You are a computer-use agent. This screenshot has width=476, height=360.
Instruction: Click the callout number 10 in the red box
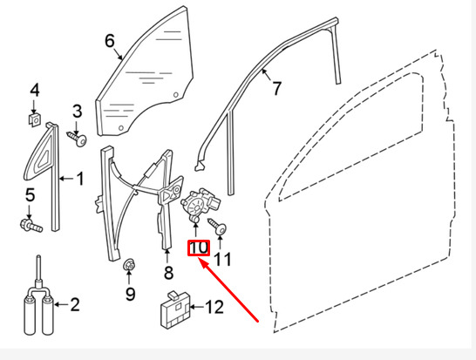199,248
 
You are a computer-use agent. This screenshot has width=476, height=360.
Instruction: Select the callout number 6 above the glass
110,40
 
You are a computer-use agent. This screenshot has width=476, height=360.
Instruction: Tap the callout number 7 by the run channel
277,87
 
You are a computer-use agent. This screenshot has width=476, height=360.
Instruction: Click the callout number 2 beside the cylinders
74,304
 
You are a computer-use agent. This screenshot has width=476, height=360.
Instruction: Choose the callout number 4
35,90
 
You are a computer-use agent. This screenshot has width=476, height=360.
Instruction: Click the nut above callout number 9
130,265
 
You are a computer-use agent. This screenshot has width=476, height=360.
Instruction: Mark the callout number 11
223,258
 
